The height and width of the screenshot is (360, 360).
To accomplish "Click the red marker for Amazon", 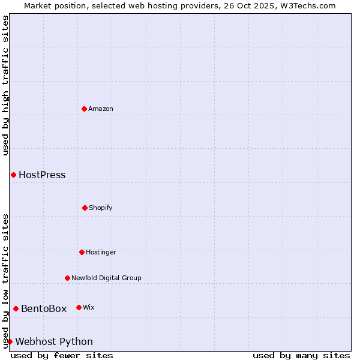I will [x=84, y=109].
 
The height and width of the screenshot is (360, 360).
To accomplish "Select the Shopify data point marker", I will [x=85, y=208].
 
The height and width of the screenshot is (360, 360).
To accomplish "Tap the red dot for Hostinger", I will [x=82, y=252].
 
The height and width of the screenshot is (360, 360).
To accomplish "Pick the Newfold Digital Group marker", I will [x=67, y=278].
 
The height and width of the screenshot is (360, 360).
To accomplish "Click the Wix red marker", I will [x=79, y=307].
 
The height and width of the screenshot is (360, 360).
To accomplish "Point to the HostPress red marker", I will [x=13, y=175].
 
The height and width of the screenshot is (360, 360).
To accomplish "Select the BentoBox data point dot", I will [x=16, y=308].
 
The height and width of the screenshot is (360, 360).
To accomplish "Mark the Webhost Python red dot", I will [x=10, y=341].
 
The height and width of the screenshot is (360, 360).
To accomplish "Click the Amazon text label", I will [x=101, y=109].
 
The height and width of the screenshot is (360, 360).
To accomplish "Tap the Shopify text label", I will [x=101, y=208].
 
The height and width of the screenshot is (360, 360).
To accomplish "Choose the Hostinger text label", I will [x=101, y=252].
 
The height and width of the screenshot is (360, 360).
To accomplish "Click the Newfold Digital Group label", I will [x=106, y=278].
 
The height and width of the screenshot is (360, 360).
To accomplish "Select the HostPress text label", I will [x=42, y=175].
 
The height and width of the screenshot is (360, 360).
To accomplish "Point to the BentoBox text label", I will [x=44, y=309].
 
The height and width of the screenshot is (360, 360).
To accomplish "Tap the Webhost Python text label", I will [x=54, y=342].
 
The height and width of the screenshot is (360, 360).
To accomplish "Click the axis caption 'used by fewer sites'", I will [x=62, y=355].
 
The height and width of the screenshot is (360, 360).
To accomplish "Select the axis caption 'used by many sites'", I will [x=301, y=355].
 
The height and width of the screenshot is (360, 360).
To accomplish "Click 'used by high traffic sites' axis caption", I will [x=5, y=85].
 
